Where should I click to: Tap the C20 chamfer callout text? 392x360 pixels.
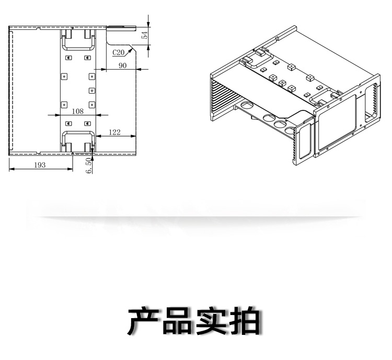click(118, 52)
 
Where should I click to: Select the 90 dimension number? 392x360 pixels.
click(123, 65)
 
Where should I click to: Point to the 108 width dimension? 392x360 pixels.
click(77, 111)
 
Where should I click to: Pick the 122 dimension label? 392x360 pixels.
click(115, 132)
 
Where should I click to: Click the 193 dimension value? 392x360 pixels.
click(40, 165)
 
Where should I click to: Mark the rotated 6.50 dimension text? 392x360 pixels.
click(89, 165)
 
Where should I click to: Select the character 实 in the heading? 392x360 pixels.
click(211, 321)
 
